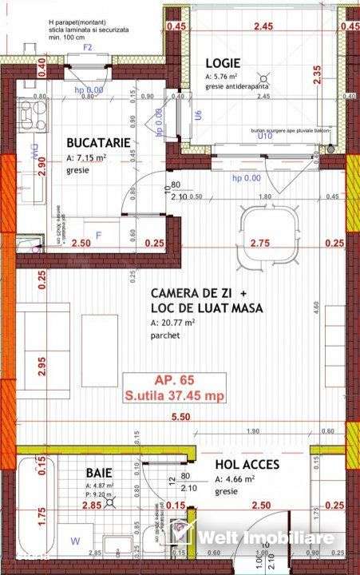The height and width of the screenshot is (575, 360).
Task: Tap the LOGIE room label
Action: click(x=222, y=62)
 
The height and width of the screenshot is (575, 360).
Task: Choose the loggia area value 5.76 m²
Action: click(x=221, y=77)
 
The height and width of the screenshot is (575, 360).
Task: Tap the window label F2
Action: click(x=88, y=47)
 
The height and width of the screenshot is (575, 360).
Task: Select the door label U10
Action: click(x=264, y=137)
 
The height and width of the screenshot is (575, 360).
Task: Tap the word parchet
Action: click(x=165, y=336)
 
